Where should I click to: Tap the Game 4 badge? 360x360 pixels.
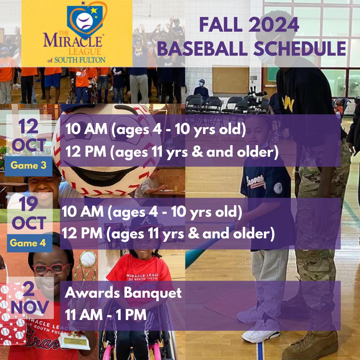30,243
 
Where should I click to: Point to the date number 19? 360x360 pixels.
28,204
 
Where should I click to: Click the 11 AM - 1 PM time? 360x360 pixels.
106,315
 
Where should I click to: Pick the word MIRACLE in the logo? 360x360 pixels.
73,41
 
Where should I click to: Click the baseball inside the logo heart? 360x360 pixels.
84,21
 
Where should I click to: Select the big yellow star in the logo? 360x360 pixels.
94,10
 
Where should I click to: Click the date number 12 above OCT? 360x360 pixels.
28,126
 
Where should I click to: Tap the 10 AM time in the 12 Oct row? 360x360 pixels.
86,129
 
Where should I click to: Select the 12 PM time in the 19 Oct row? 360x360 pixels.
82,233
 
